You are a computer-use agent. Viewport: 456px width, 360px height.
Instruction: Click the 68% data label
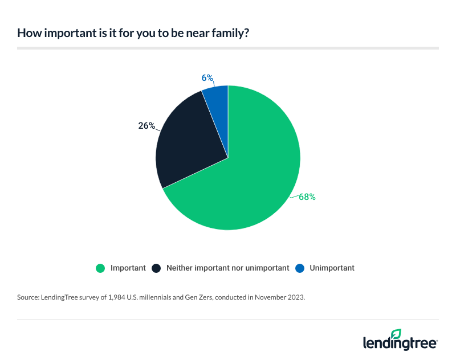click(307, 197)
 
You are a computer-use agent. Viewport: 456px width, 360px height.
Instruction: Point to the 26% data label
click(146, 125)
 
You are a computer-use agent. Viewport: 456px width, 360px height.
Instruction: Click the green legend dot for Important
click(101, 268)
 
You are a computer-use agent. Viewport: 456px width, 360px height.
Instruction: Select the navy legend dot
click(156, 268)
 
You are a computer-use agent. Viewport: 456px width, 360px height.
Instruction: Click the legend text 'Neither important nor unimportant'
click(227, 268)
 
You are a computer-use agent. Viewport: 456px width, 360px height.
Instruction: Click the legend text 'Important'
click(128, 268)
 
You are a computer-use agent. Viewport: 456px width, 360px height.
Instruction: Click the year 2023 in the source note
click(296, 297)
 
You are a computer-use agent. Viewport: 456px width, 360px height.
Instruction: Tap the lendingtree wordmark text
click(400, 343)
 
